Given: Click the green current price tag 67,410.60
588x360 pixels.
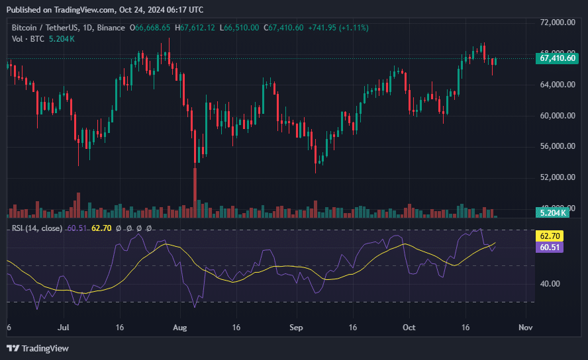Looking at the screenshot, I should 559,58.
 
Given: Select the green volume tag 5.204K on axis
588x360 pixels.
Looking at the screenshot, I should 553,212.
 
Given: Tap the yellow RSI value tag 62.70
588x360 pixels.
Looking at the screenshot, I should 551,236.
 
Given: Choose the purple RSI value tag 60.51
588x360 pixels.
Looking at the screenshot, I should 551,247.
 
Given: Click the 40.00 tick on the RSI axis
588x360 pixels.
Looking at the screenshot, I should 551,284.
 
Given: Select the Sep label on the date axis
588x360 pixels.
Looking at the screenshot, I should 296,328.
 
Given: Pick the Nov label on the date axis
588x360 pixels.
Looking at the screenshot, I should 525,328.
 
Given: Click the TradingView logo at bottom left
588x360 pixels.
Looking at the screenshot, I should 38,348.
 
